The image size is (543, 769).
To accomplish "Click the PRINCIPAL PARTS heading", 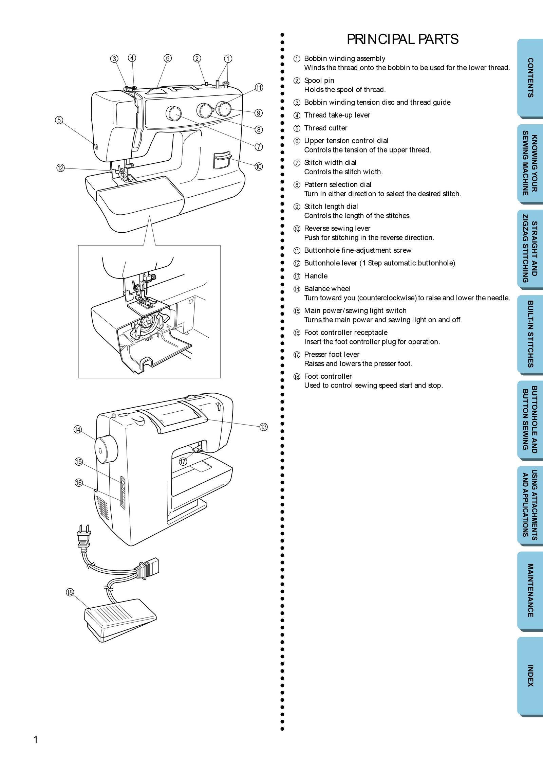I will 402,39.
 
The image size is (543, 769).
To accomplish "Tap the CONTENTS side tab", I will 530,78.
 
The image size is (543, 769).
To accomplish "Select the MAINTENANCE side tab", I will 530,590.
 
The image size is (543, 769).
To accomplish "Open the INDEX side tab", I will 530,676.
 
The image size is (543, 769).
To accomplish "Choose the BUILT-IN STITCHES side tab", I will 530,334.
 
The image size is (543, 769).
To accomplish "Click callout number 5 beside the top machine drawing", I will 59,120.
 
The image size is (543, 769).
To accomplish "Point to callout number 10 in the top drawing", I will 259,166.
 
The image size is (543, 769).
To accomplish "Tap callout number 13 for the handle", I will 263,427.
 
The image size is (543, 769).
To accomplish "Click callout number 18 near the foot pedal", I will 70,592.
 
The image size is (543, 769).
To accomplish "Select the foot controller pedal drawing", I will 119,620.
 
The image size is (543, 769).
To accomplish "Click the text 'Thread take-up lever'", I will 337,115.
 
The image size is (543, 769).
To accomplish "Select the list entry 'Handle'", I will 316,276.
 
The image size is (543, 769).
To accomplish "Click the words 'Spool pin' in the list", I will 319,81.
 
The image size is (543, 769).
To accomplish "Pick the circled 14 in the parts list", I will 297,289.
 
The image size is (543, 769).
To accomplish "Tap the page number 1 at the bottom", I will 36,739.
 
